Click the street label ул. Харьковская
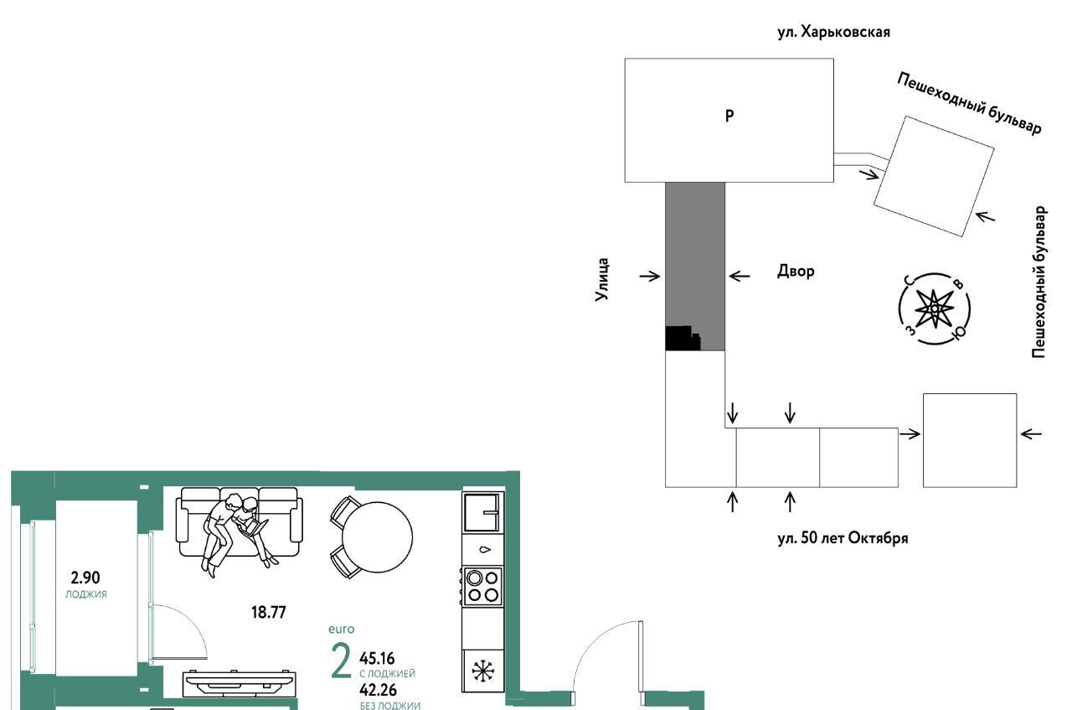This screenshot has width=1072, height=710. [x=833, y=33]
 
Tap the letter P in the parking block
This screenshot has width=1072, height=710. [x=729, y=116]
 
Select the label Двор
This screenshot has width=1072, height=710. [x=796, y=271]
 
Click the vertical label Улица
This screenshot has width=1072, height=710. [x=601, y=279]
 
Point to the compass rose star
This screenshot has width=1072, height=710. [x=934, y=309]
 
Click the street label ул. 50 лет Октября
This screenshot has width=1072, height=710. [x=843, y=538]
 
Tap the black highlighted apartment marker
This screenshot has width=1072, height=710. [x=683, y=338]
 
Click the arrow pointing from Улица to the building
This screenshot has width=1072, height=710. [x=650, y=276]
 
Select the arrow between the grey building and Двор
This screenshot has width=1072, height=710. [x=739, y=276]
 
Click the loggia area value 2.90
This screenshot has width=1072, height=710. [x=85, y=578]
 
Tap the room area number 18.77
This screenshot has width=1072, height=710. [x=269, y=612]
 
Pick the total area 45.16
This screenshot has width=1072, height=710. [x=377, y=658]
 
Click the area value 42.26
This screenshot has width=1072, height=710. [x=378, y=690]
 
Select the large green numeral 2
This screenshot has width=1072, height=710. [x=341, y=661]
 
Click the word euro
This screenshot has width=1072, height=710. [x=341, y=629]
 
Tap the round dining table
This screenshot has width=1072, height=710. [x=377, y=537]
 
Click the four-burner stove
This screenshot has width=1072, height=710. [x=482, y=587]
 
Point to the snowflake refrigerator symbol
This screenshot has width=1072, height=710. [x=483, y=671]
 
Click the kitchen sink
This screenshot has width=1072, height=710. [x=482, y=513]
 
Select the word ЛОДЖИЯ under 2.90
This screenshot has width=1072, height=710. [x=86, y=594]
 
